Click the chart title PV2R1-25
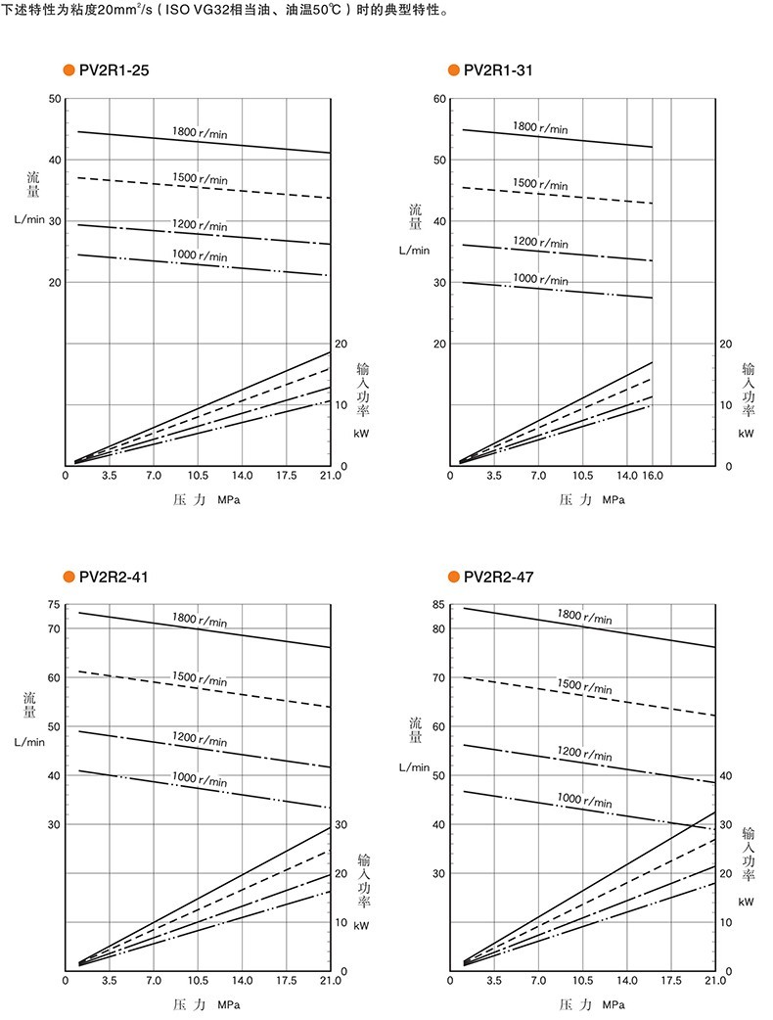coord(114,70)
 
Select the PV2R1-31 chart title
coord(498,70)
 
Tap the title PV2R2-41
coord(114,577)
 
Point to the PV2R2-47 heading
coord(499,577)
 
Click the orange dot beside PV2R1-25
coord(68,70)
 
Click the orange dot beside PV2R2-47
coord(454,577)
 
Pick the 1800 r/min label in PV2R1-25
coord(200,132)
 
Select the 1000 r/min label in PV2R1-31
coord(540,279)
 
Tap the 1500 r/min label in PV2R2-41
coord(200,678)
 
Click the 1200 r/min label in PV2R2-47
coord(584,754)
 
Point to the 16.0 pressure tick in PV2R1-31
coord(652,476)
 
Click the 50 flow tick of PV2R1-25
coord(55,99)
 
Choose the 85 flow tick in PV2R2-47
coord(438,604)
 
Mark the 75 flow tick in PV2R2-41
coord(54,604)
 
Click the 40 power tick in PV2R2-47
coord(725,775)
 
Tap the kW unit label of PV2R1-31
coord(746,434)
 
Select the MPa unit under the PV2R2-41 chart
coord(229,1005)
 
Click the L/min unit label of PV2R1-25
coord(29,219)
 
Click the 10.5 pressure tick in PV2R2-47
coord(582,980)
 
